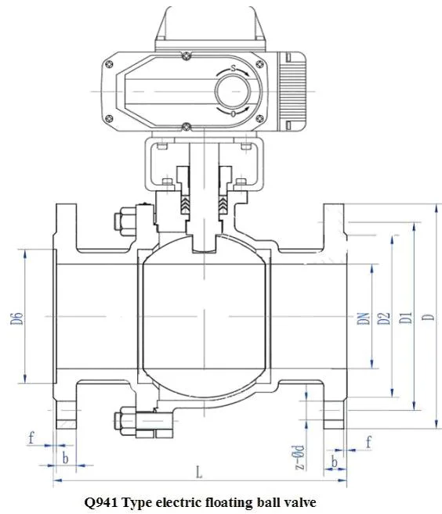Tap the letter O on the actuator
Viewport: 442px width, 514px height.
click(233, 114)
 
